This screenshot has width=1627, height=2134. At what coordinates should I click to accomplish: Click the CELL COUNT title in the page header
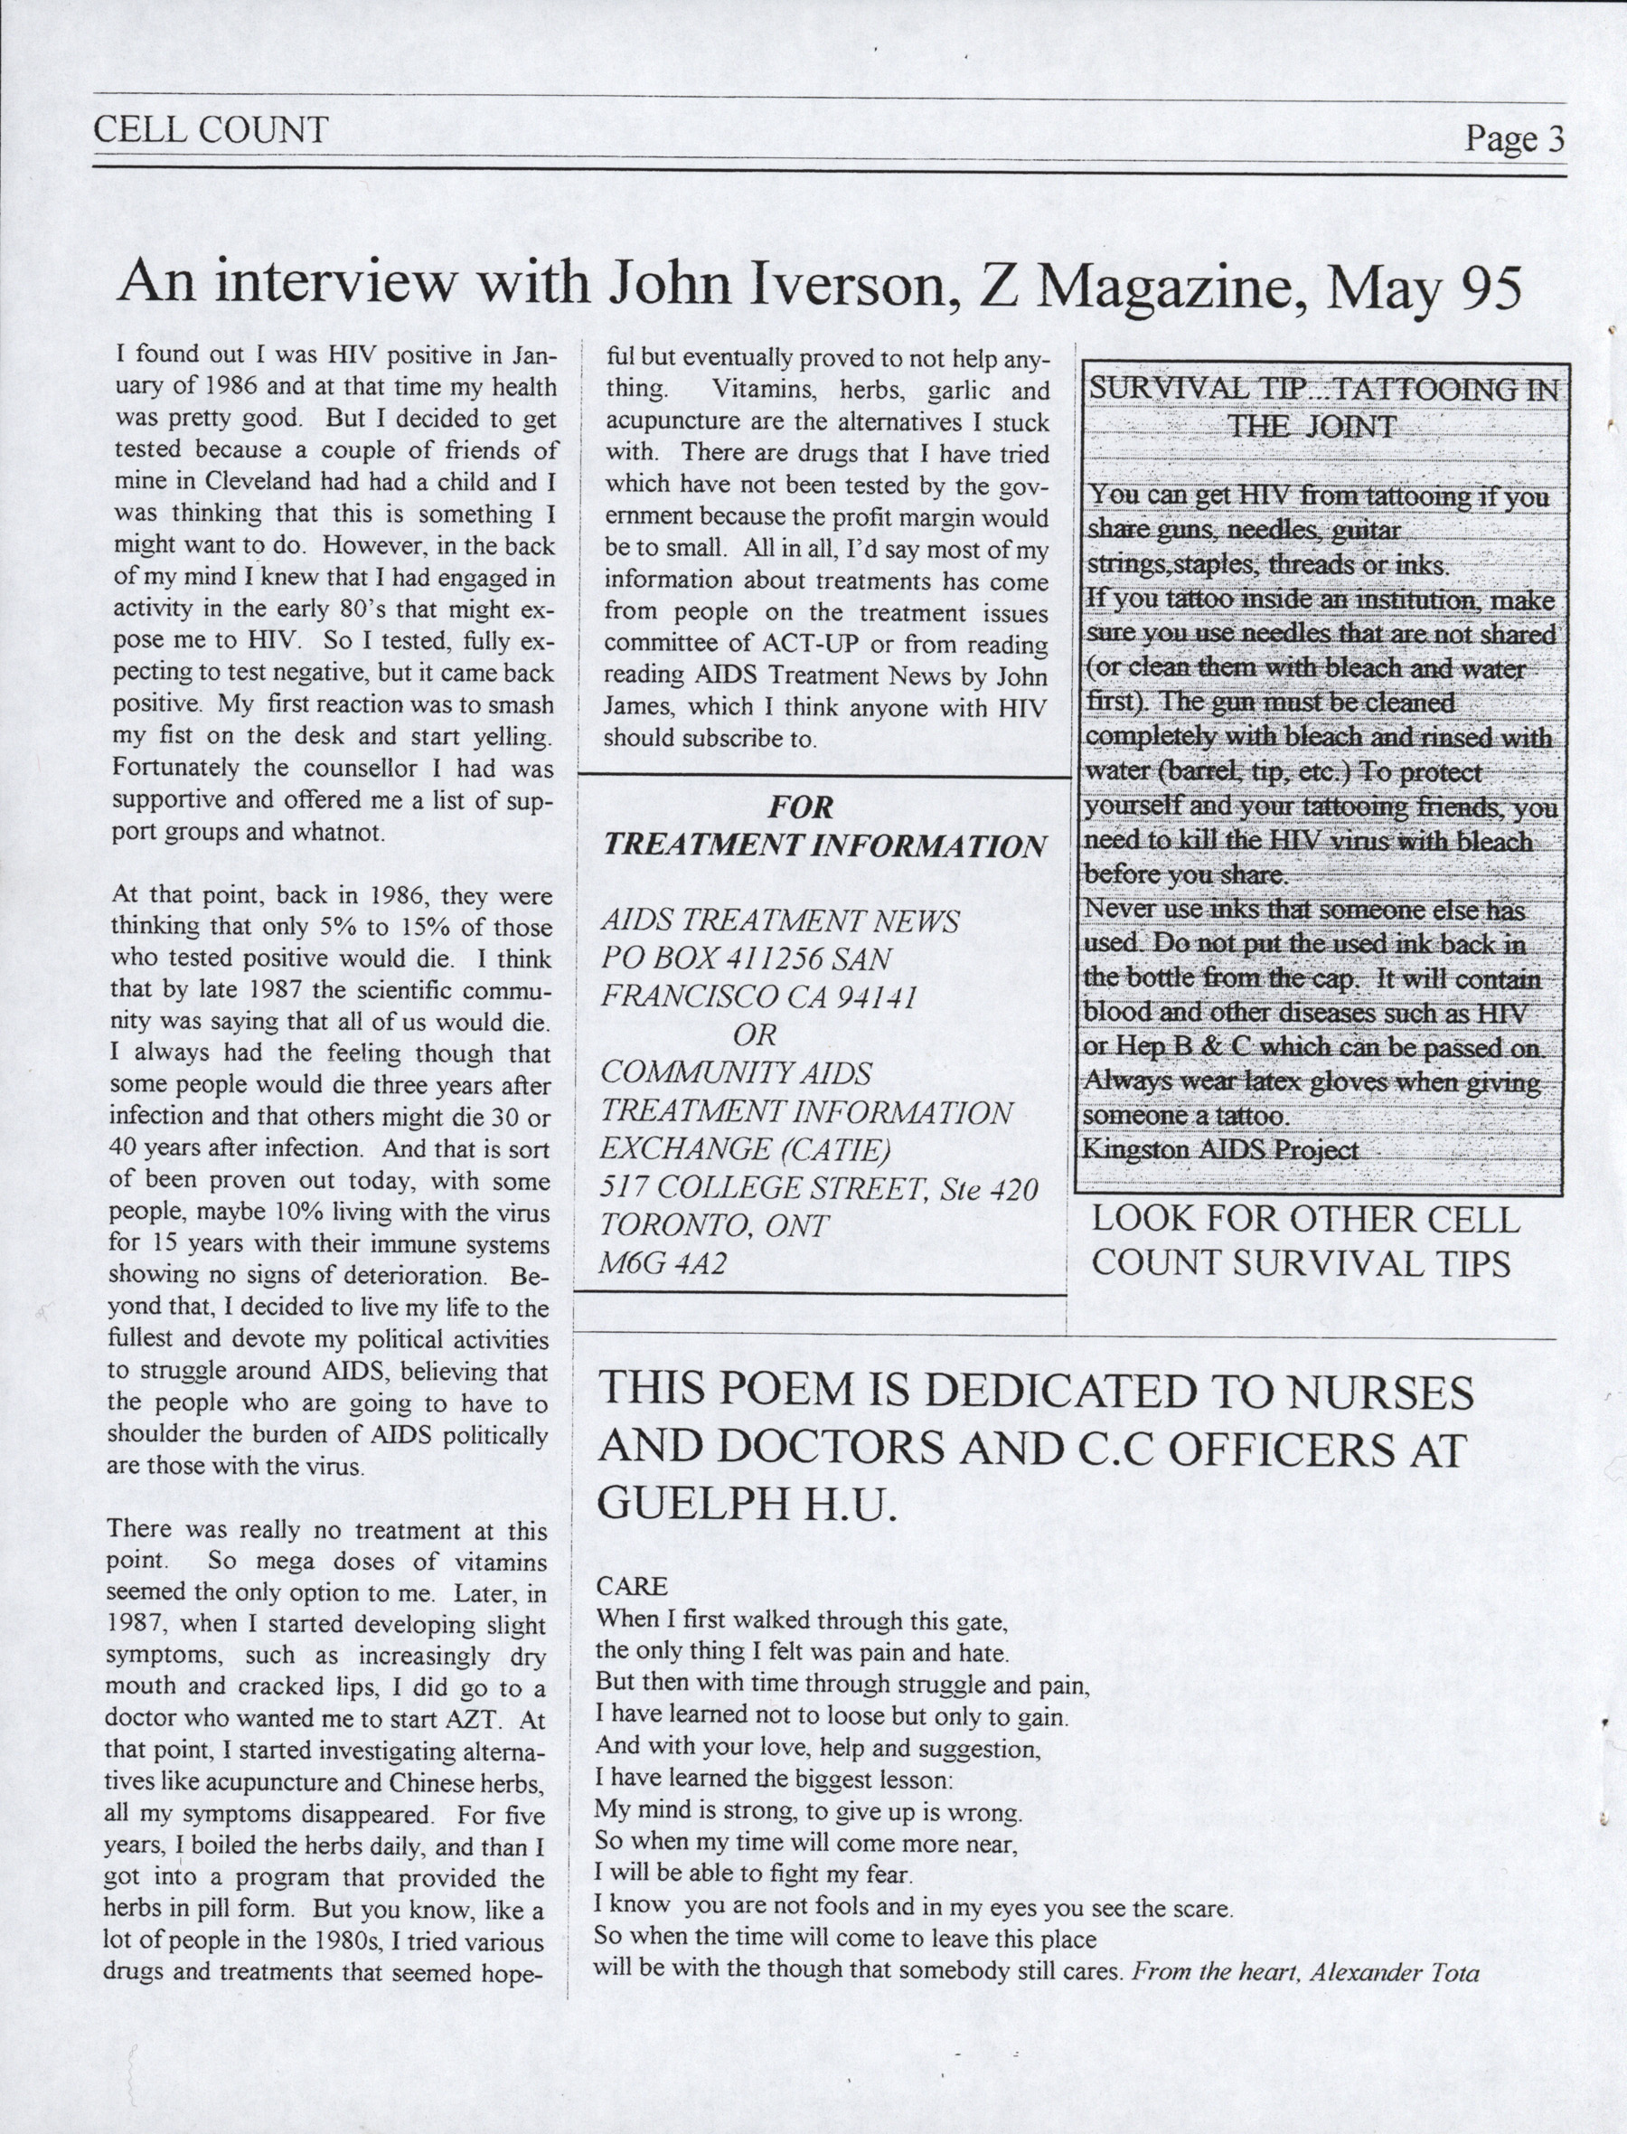point(210,130)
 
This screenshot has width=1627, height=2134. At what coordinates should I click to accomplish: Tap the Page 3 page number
point(1514,138)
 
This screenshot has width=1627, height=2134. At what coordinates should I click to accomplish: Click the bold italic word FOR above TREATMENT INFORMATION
point(801,807)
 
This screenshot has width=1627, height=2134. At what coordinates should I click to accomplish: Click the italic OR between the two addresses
point(755,1034)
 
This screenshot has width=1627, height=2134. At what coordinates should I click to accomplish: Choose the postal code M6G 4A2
point(664,1263)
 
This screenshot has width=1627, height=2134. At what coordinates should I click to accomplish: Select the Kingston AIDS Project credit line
point(1219,1150)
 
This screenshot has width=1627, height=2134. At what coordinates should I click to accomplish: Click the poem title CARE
point(632,1586)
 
